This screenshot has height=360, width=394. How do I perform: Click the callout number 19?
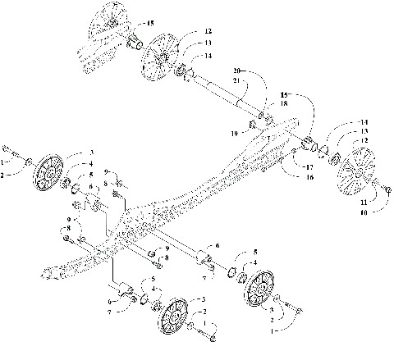(235, 130)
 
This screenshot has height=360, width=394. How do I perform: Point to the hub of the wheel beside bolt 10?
(357, 173)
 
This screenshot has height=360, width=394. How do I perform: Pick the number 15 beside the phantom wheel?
(149, 23)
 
